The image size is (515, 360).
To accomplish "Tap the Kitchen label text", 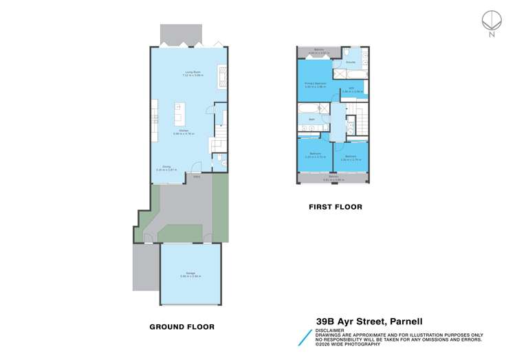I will click(x=184, y=131).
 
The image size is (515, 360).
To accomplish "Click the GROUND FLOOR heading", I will click(x=182, y=327).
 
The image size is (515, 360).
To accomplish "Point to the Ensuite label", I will click(x=351, y=62).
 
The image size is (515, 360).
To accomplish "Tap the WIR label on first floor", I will click(x=351, y=88).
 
